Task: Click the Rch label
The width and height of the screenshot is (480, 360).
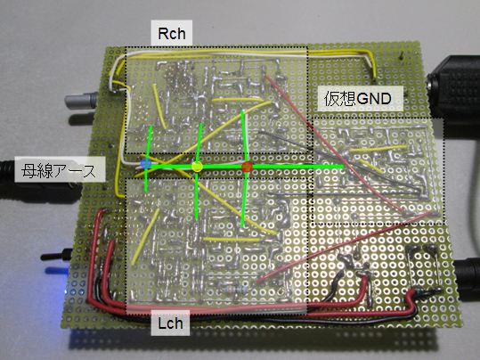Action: point(172,33)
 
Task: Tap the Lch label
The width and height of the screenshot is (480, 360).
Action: point(170,323)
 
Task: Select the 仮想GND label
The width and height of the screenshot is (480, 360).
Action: point(358,99)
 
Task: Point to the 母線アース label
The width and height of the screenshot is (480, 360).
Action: point(59,170)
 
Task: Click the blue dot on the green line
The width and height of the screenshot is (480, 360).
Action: point(146,164)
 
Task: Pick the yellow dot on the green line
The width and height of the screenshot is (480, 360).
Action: point(198,167)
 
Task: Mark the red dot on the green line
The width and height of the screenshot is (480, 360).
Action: point(247,168)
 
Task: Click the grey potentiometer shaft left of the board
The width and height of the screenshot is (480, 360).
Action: point(81,101)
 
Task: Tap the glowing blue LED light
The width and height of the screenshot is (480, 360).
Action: point(57,271)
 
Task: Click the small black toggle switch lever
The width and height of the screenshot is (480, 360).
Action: point(56,255)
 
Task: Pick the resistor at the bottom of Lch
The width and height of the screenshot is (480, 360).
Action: point(235,289)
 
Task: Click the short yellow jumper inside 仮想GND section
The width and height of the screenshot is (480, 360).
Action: point(370,167)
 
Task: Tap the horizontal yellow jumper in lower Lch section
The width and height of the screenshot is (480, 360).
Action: point(232,240)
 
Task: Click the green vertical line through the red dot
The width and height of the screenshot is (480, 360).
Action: point(244,169)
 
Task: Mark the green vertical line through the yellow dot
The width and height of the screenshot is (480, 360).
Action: point(199,172)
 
